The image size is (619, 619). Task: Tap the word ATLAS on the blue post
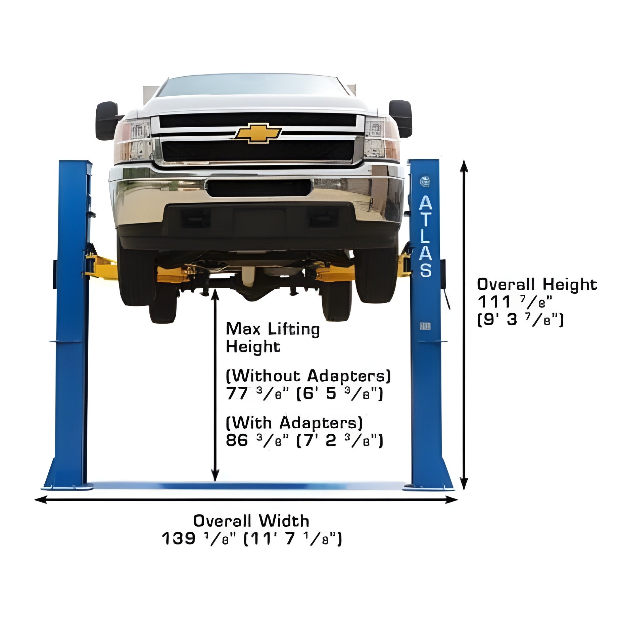point(425,236)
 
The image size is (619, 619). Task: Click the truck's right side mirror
point(401,118)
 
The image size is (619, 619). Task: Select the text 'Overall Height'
point(537,285)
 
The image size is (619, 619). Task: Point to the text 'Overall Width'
point(251,521)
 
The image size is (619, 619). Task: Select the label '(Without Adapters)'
point(308,376)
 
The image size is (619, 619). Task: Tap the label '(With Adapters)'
point(294,423)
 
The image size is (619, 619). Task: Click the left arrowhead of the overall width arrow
point(40,500)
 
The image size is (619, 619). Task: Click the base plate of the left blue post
point(67,487)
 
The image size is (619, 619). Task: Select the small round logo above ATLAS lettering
point(425,181)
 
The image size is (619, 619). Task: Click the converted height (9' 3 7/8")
point(520,320)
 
